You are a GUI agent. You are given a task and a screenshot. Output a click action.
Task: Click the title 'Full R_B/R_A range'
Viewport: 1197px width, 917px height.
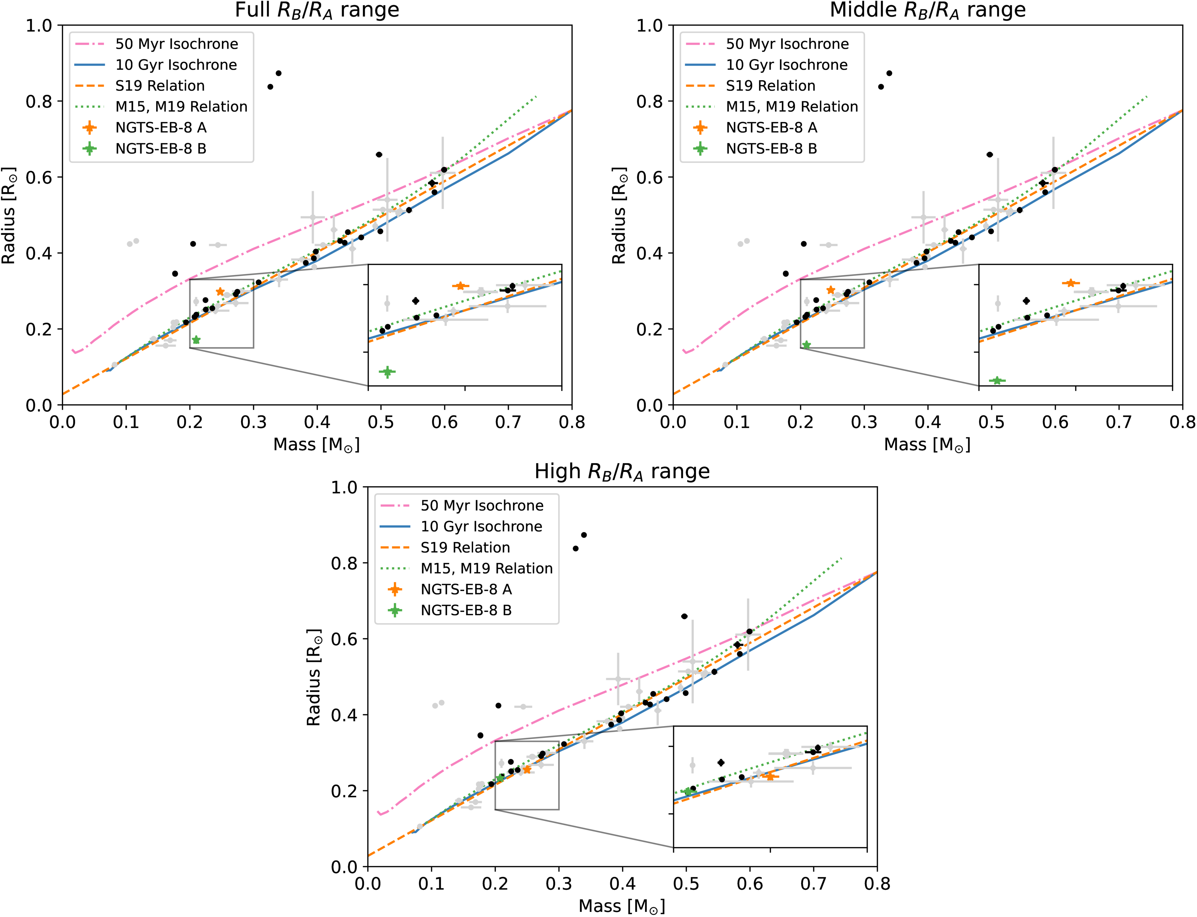click(x=317, y=10)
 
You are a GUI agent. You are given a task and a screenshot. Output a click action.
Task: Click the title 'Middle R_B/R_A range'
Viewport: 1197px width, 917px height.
click(x=928, y=10)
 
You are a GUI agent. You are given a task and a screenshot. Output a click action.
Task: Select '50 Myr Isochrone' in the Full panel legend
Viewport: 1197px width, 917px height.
click(x=176, y=44)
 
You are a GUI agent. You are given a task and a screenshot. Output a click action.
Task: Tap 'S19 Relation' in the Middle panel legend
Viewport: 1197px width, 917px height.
click(x=770, y=86)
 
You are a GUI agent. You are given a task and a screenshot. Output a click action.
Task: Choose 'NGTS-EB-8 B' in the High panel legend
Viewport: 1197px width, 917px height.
click(x=466, y=610)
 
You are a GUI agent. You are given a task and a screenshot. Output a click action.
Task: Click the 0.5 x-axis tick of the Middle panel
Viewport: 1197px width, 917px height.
click(x=991, y=422)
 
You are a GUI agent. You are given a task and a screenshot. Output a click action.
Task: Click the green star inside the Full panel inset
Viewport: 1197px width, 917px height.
click(x=387, y=372)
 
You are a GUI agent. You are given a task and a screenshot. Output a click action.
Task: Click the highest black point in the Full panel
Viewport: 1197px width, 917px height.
click(x=278, y=73)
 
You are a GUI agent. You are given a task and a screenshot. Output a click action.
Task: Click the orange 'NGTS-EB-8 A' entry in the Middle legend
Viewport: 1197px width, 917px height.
click(x=771, y=128)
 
